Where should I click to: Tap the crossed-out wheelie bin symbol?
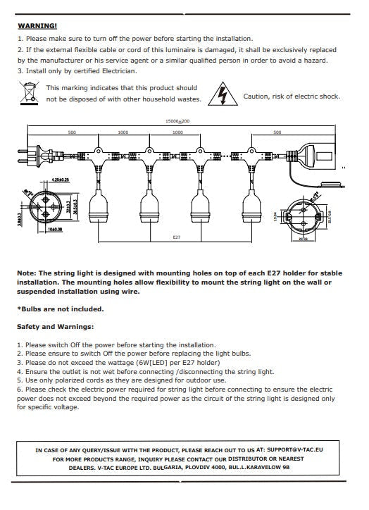[x=29, y=92]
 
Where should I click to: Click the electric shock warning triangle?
[x=223, y=94]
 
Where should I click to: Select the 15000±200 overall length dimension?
[x=177, y=121]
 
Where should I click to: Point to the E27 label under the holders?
[x=177, y=237]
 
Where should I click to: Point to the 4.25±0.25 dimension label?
[x=60, y=181]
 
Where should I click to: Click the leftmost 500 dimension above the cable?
[x=71, y=132]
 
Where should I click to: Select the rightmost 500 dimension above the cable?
[x=277, y=132]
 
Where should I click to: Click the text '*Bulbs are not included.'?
[x=60, y=309]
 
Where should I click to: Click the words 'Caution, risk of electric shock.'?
[x=292, y=97]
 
